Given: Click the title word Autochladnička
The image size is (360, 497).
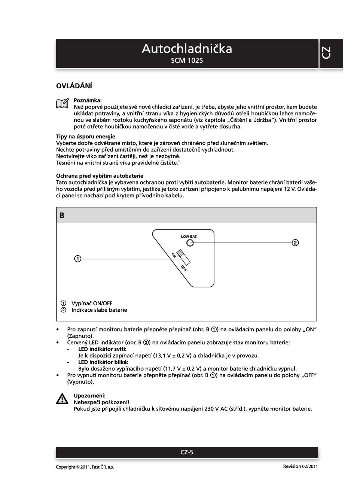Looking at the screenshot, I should click(187, 49).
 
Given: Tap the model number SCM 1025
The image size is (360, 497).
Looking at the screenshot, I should click(187, 61).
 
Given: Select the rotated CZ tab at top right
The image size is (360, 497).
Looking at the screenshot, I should click(326, 53).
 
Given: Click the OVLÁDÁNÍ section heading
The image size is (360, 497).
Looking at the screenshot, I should click(74, 86).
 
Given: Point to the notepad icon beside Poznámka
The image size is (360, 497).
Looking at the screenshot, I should click(62, 103).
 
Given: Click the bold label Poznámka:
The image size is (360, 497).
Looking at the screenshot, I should click(88, 100).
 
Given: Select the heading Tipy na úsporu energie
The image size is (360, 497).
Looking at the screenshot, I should click(86, 137).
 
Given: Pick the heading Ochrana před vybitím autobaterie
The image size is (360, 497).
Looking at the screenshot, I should click(100, 176).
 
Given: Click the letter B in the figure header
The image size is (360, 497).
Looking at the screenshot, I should click(62, 216).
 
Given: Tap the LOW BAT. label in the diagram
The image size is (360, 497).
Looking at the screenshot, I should click(189, 237).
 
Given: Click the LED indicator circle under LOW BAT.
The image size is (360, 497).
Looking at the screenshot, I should click(190, 243).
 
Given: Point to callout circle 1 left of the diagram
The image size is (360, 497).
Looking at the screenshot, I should click(77, 259).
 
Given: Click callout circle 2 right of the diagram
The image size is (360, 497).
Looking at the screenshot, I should click(295, 243).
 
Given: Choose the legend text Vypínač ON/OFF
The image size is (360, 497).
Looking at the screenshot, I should click(92, 304).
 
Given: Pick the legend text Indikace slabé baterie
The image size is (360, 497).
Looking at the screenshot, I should click(99, 310).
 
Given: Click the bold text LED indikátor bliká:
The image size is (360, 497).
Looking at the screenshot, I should click(103, 362).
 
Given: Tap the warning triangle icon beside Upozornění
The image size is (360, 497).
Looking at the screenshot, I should click(62, 399).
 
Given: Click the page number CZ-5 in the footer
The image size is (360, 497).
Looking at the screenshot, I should click(187, 452).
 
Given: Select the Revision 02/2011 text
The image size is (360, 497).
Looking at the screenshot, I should click(300, 466).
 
